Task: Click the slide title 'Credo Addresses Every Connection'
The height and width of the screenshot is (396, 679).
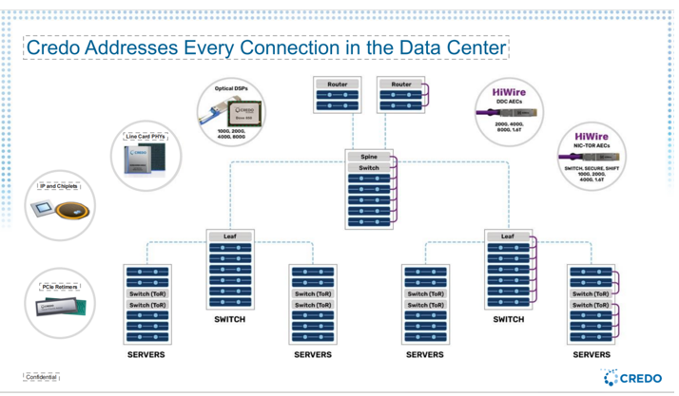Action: coord(266,47)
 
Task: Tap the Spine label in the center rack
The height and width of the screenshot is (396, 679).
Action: coord(369,156)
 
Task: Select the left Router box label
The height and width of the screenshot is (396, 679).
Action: coord(338,85)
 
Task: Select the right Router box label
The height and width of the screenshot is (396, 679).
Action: coord(401,85)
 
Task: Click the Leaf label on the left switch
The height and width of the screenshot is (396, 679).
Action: coord(230,236)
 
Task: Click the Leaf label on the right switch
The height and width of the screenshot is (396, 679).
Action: coord(507,236)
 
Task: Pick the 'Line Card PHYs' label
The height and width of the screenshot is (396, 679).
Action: coord(145,136)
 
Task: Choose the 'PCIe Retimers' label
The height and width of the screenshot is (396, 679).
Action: coord(60,286)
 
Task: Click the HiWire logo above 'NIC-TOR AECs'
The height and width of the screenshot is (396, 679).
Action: coord(592,136)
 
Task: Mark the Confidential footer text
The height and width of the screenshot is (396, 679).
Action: coord(42,377)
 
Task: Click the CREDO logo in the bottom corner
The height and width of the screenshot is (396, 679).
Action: coord(632,378)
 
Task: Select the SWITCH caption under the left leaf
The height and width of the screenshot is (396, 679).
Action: coord(230,319)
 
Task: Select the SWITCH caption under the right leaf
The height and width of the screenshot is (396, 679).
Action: coord(508,319)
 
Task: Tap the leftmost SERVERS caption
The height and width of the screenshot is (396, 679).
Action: coord(145,354)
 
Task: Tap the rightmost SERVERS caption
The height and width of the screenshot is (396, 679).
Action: coord(591,354)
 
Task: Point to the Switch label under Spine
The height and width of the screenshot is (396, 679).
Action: coord(369,168)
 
